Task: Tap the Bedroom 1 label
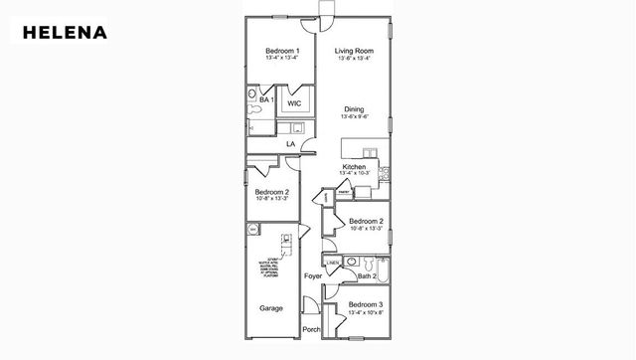tap(282, 51)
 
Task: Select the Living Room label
tap(354, 51)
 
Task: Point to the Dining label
tap(354, 109)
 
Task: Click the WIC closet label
tap(295, 103)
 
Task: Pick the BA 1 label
tap(265, 100)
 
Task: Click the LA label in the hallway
tap(291, 145)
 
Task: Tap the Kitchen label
tap(355, 166)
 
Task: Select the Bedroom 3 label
tap(366, 303)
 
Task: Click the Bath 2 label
tap(366, 275)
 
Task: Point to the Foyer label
tap(312, 275)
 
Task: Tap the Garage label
tap(271, 308)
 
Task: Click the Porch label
tap(312, 329)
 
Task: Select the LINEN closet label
tap(333, 263)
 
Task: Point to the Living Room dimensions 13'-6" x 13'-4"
tap(354, 58)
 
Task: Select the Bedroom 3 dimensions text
tap(366, 311)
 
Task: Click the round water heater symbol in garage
tap(253, 230)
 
